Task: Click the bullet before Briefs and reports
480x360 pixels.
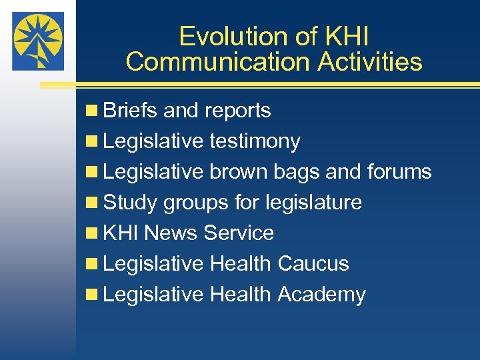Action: [92, 111]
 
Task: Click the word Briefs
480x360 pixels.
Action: [131, 110]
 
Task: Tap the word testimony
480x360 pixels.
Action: [255, 141]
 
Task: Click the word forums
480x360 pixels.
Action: [399, 171]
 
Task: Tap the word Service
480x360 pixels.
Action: [239, 233]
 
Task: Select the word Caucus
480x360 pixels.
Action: [313, 263]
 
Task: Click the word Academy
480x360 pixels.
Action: [321, 294]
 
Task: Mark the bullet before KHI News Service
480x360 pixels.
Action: [92, 233]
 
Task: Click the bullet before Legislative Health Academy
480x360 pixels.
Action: [92, 295]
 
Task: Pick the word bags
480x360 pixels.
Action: [297, 173]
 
